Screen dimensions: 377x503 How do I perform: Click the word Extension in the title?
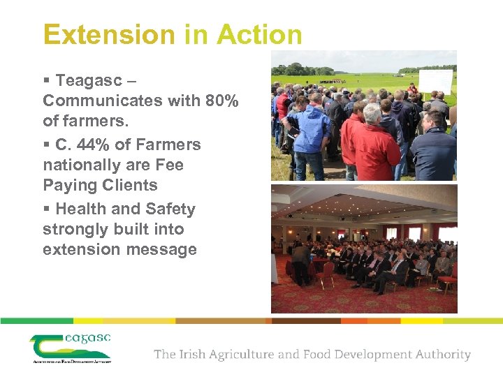click(97, 34)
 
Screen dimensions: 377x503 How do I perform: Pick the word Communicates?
click(100, 101)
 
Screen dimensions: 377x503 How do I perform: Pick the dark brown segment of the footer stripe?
click(306, 321)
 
